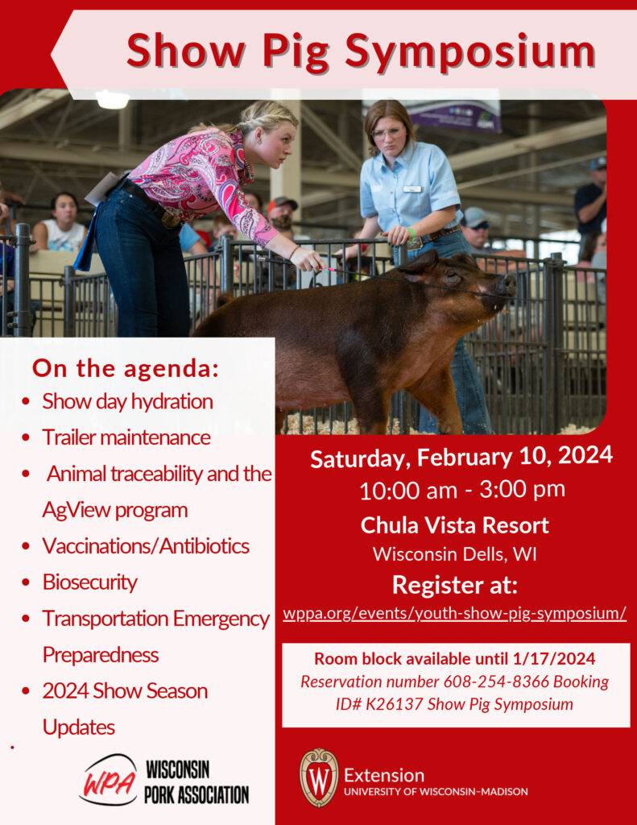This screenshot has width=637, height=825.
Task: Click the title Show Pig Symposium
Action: click(x=361, y=52)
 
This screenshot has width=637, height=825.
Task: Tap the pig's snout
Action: click(x=507, y=284)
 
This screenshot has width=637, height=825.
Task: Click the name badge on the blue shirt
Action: click(x=412, y=189)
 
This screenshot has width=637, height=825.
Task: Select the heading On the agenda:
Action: click(x=125, y=369)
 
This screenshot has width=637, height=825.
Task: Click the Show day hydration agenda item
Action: click(x=127, y=401)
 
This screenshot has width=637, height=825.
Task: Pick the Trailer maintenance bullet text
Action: click(x=126, y=437)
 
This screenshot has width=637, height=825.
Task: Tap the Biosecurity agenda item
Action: click(x=89, y=582)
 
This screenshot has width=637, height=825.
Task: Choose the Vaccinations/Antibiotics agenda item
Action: click(x=146, y=545)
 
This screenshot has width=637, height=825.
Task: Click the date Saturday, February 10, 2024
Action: click(x=461, y=457)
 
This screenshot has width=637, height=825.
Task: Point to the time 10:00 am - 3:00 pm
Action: click(x=461, y=489)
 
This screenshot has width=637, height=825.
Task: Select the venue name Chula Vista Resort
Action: click(x=454, y=525)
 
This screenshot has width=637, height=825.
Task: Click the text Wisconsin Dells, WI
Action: click(x=454, y=554)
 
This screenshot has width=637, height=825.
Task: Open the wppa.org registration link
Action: click(x=454, y=613)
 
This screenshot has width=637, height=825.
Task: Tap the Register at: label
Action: click(x=454, y=584)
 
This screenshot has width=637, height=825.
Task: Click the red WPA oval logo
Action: click(x=108, y=781)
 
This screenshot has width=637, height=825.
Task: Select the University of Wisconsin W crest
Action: click(x=318, y=778)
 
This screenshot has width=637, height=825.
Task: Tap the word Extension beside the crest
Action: click(x=384, y=775)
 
